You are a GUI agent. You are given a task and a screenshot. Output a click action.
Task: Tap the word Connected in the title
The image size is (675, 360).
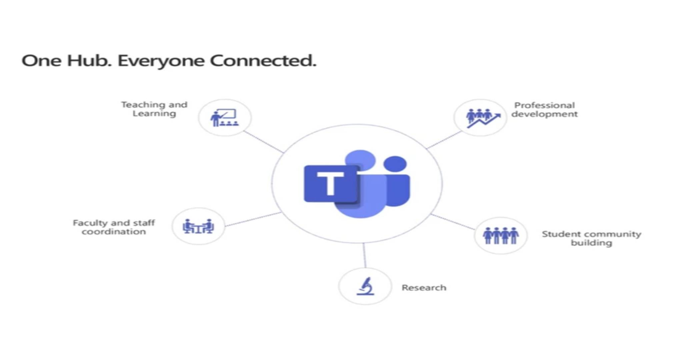(x=263, y=60)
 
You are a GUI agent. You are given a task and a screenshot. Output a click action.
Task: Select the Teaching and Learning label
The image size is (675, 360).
(x=154, y=109)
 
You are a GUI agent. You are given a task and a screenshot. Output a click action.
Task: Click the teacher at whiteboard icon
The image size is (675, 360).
(x=224, y=118)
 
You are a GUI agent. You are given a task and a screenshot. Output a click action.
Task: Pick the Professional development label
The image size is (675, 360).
(x=544, y=110)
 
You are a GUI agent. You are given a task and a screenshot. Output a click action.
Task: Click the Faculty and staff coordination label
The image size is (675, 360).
(x=114, y=227)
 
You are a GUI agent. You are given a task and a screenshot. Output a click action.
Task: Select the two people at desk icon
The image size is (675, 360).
(x=198, y=226)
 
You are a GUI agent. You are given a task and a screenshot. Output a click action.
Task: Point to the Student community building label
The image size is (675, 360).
(x=591, y=238)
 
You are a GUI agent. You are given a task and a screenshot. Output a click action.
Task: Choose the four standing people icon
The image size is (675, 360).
(x=501, y=236)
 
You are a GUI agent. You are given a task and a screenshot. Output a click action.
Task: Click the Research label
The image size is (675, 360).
(x=424, y=287)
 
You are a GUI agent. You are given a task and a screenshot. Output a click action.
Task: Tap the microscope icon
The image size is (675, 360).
(x=365, y=286)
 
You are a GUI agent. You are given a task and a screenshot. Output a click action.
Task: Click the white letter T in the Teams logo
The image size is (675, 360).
(x=330, y=183)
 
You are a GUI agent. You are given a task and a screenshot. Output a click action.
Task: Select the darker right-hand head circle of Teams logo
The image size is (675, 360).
(x=395, y=164)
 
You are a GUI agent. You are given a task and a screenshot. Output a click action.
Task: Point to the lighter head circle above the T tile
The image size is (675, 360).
(x=360, y=160)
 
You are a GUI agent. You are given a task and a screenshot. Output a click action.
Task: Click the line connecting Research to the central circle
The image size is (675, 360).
(x=364, y=255)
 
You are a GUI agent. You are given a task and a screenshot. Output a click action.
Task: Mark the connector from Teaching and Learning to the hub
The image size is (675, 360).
(x=264, y=142)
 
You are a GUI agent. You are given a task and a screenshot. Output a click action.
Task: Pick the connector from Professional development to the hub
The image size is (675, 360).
(x=444, y=140)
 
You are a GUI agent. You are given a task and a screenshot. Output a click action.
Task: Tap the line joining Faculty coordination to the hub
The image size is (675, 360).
(x=253, y=219)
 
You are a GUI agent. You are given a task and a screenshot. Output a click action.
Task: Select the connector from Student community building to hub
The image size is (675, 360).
(x=452, y=222)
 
